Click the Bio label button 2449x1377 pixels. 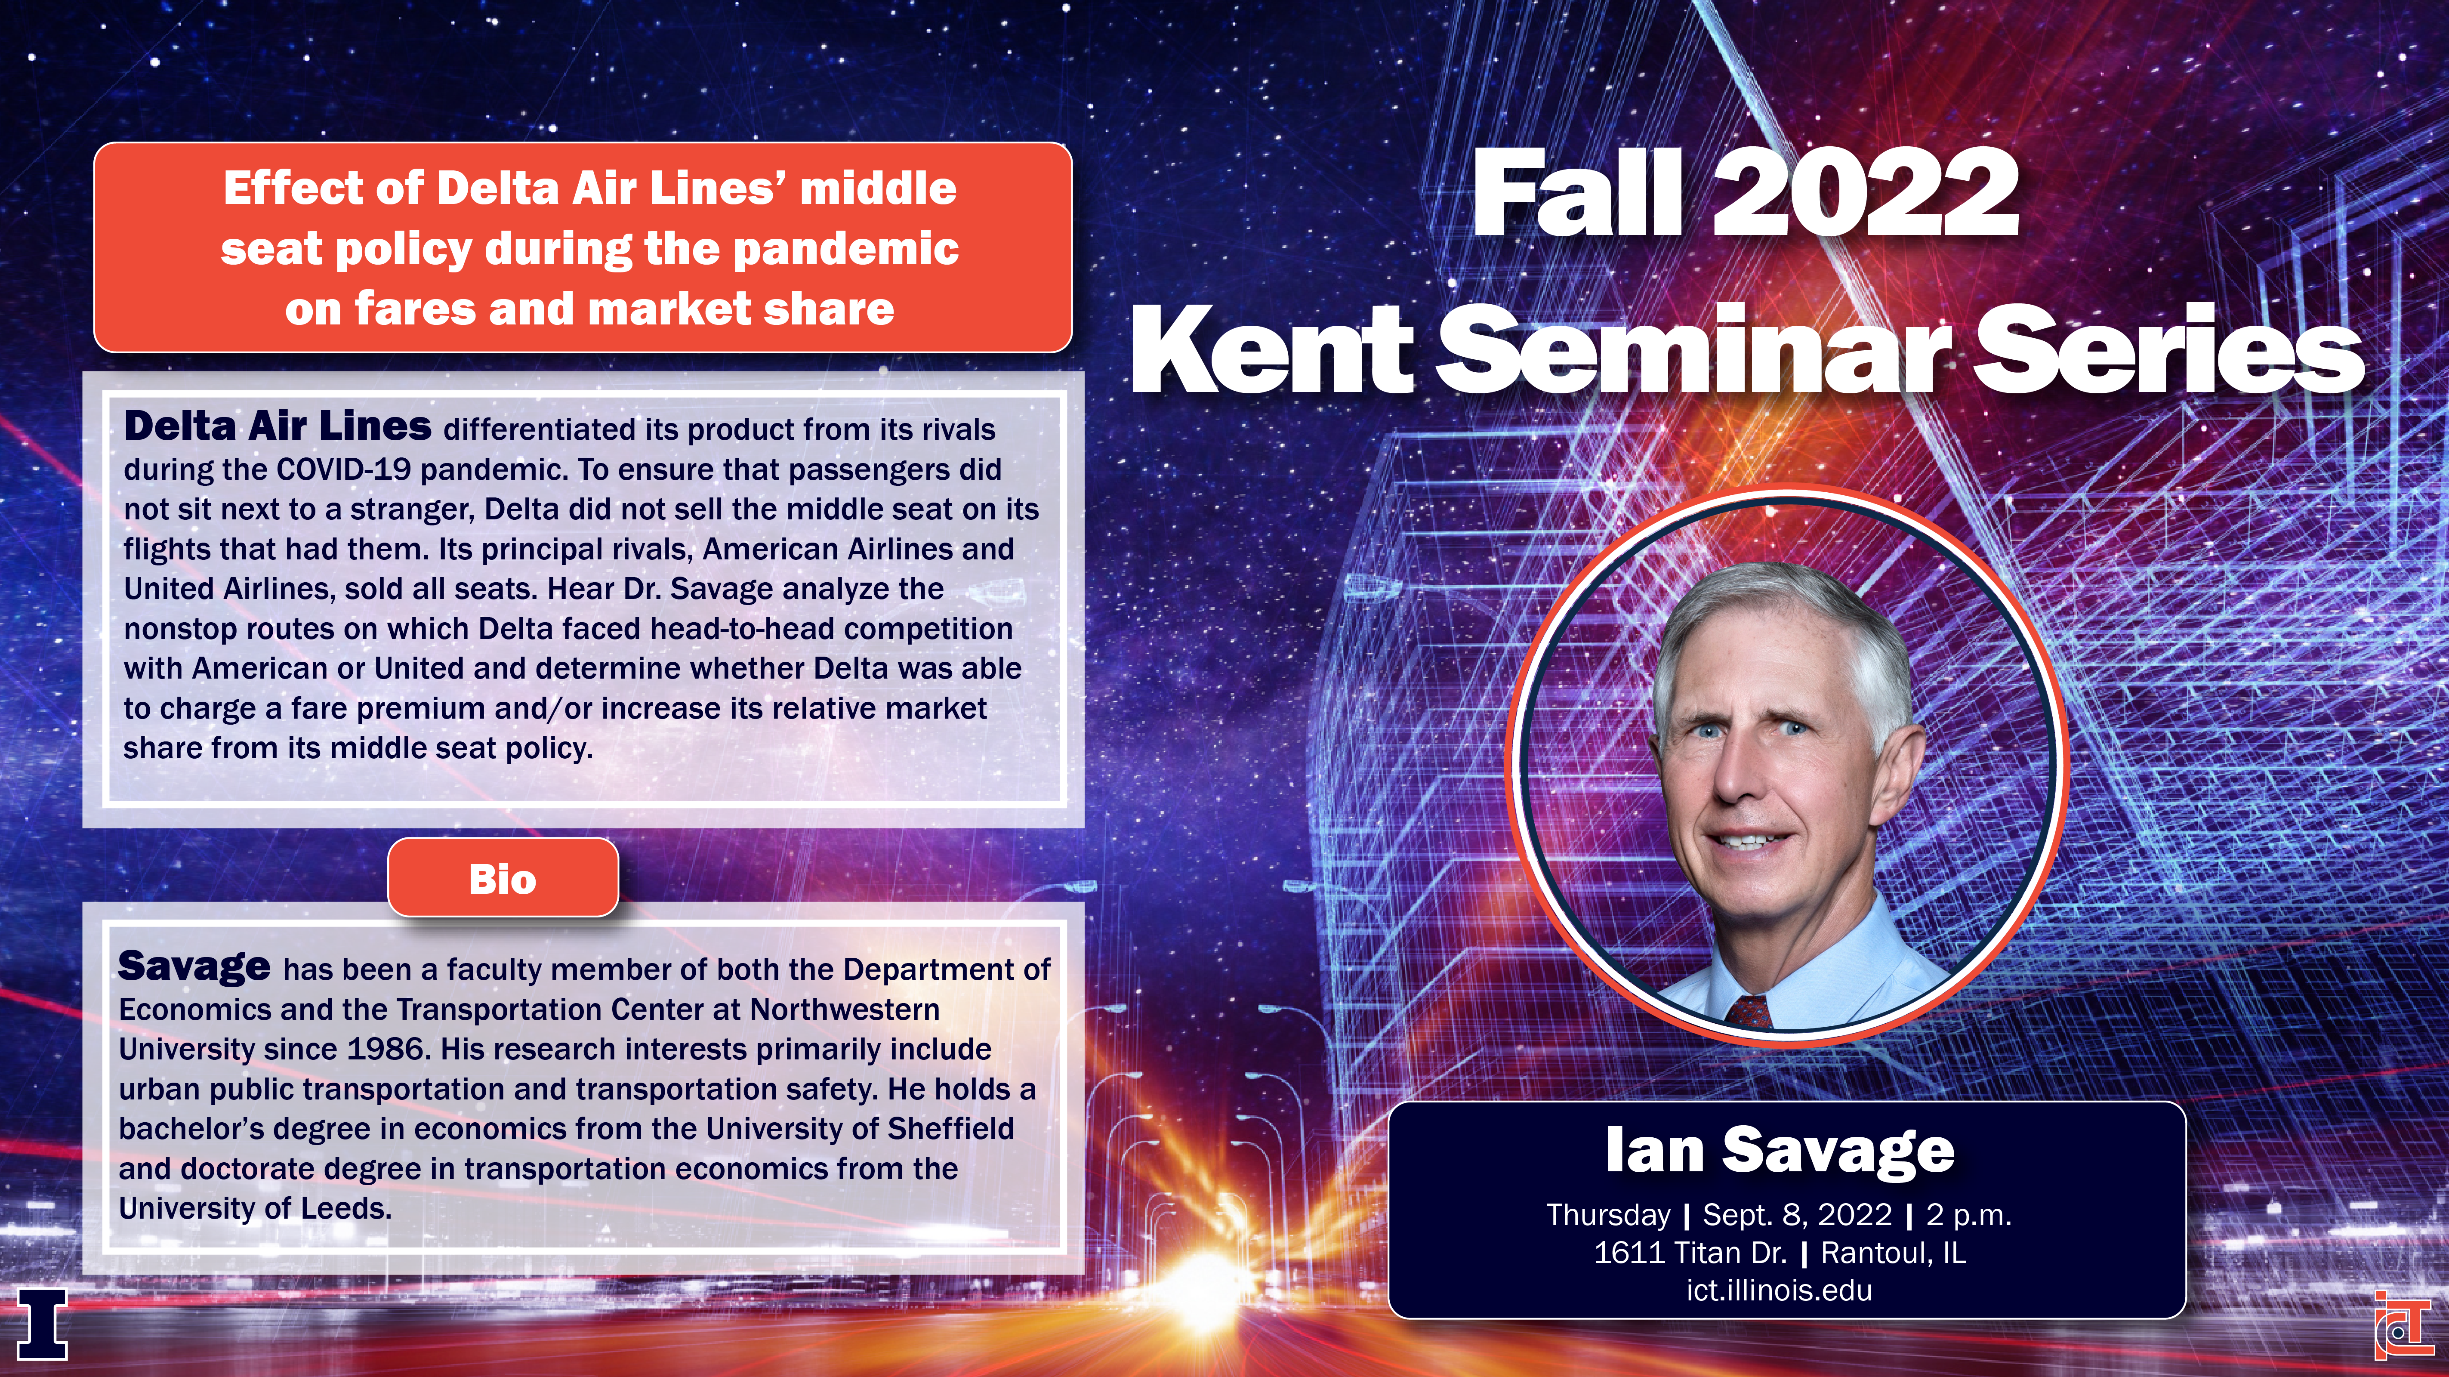[x=503, y=878]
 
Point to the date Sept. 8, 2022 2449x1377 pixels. [x=1797, y=1214]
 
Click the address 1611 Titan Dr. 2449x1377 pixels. [x=1690, y=1252]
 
